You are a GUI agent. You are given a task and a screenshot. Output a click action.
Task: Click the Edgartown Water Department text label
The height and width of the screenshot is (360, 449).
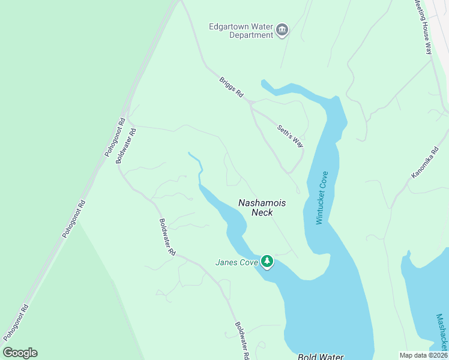[241, 31]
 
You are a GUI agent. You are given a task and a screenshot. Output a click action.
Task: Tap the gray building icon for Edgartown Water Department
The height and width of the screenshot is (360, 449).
[282, 30]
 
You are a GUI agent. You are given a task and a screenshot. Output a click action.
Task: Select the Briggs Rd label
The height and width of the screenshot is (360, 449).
[231, 88]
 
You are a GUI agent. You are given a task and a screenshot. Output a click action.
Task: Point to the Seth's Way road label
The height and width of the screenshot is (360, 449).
[290, 136]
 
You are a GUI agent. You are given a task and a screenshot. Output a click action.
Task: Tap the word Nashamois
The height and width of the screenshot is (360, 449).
[262, 203]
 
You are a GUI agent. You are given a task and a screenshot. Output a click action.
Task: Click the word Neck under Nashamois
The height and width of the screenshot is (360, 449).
[262, 212]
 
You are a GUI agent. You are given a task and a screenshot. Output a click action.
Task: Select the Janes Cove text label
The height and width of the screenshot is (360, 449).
[237, 262]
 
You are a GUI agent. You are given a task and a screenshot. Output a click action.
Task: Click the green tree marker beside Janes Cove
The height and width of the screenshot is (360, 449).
[267, 262]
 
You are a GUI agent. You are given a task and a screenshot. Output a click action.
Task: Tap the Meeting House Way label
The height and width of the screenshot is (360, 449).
[423, 27]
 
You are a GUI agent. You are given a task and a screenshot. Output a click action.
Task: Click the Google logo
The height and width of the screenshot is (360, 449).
[20, 353]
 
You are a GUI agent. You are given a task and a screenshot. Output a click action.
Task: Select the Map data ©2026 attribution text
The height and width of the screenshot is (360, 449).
[423, 355]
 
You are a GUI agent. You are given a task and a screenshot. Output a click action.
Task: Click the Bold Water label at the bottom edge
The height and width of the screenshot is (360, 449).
[321, 356]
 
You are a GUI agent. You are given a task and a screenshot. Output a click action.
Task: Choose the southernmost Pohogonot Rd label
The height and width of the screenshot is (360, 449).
[16, 323]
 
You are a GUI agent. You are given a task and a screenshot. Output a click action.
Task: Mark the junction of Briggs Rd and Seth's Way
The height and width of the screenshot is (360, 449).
[252, 104]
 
